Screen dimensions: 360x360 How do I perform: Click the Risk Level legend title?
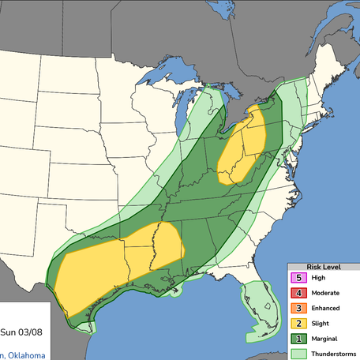[x=323, y=267]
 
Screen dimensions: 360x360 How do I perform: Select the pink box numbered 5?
[x=298, y=278]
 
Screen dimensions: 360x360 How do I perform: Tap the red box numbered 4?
[x=298, y=293]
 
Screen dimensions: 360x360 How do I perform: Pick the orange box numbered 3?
[x=298, y=308]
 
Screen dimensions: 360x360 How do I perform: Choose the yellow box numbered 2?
[x=298, y=324]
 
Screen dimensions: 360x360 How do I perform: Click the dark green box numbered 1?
[x=298, y=339]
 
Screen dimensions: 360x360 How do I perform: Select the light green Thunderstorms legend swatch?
[x=298, y=354]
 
